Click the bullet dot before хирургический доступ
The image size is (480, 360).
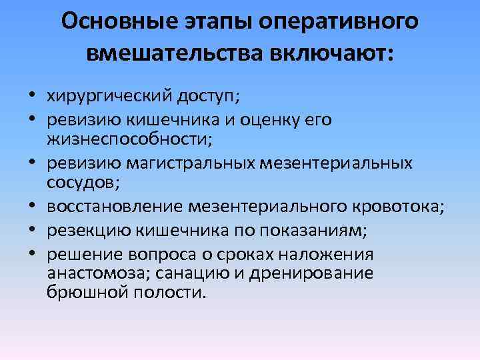pos(33,97)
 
